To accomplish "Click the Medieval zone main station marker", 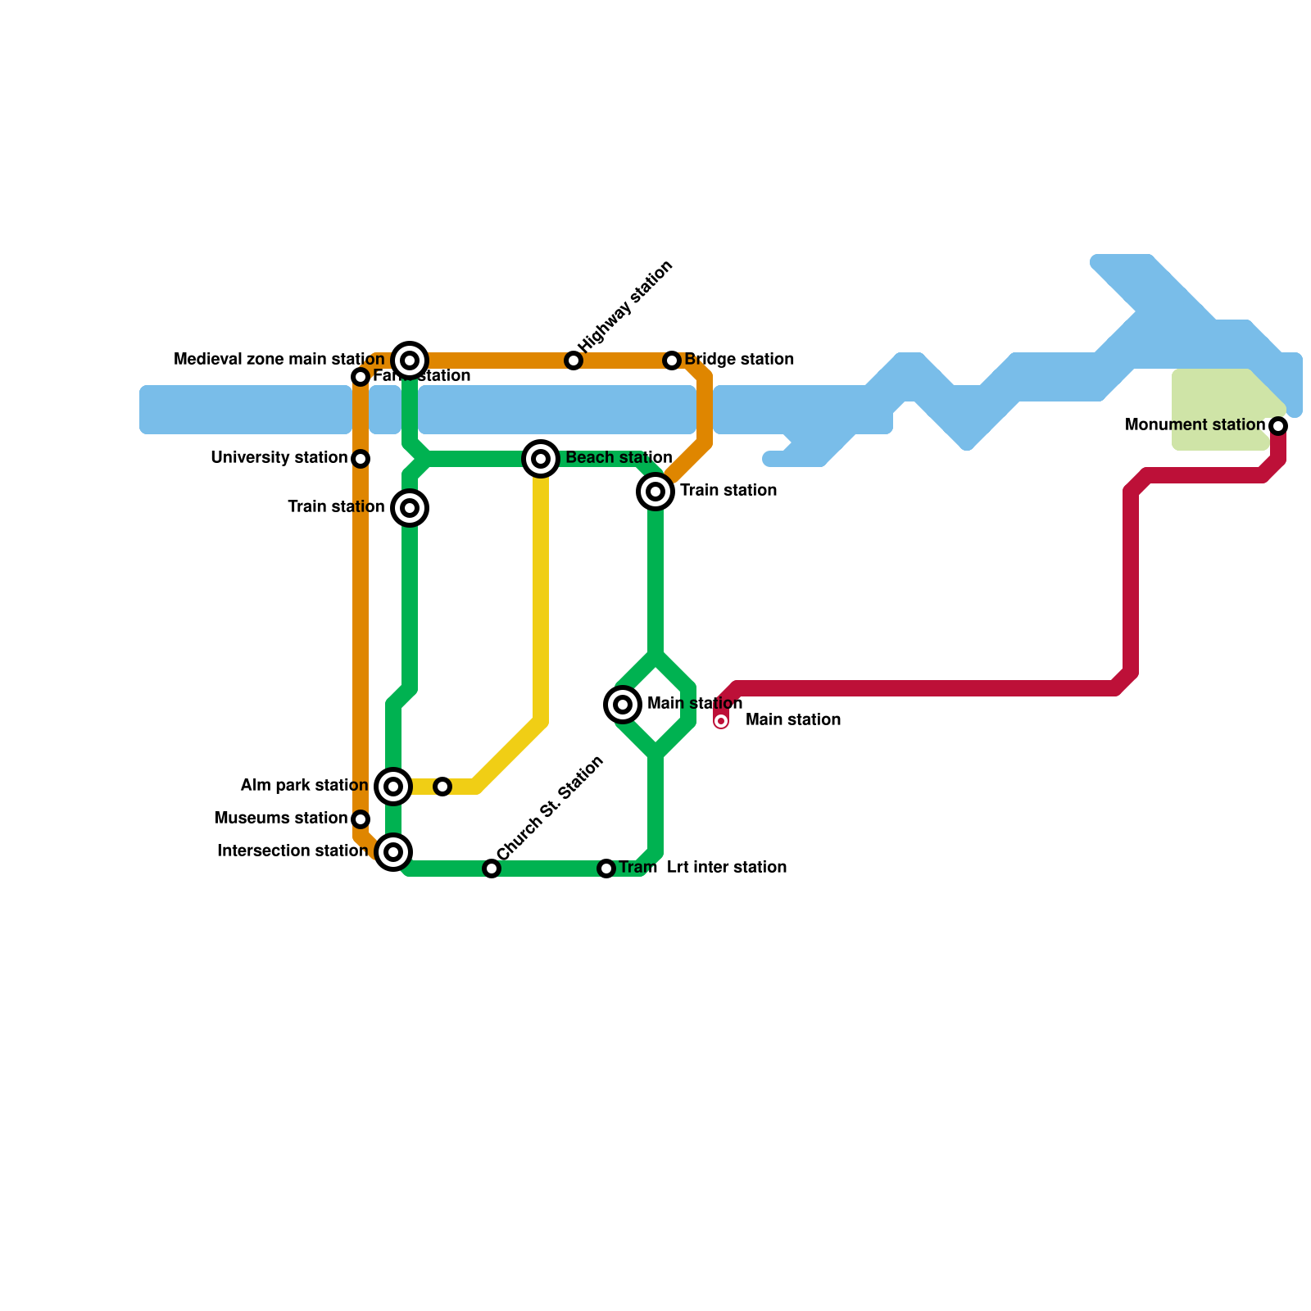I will [410, 361].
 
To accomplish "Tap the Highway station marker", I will [574, 361].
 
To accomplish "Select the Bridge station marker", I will [672, 361].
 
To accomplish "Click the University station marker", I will [361, 459].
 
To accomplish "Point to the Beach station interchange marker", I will [541, 459].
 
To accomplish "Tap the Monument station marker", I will [1278, 426].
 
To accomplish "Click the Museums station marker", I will [361, 819].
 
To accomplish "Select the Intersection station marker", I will [393, 852].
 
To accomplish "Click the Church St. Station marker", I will [492, 869].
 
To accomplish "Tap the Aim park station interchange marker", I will [393, 787].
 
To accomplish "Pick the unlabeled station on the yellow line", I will [442, 787].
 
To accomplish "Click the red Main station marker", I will [721, 721].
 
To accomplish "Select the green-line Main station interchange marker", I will [623, 705].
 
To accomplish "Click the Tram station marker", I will [606, 869].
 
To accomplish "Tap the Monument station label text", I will [1195, 425].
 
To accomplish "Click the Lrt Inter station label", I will [727, 868].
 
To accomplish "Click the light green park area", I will [1217, 410].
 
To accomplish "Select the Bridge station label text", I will [739, 360].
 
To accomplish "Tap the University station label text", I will [279, 458].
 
